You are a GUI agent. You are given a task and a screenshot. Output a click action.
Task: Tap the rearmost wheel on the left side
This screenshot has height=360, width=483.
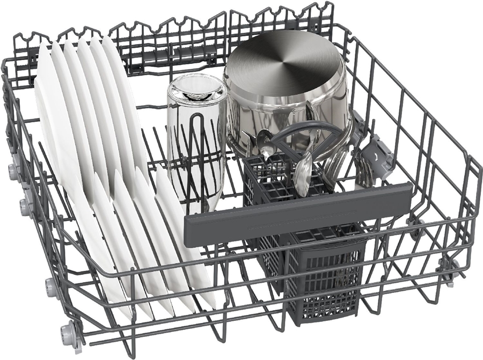pos(12,171)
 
